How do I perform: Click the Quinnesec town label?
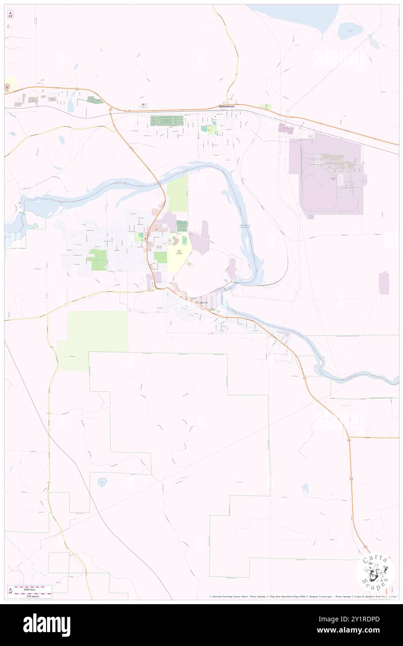point(227,106)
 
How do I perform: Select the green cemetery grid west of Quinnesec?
point(168,120)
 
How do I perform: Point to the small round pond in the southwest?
point(102,482)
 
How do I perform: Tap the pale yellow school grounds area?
point(179,253)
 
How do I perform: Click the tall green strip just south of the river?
point(177,194)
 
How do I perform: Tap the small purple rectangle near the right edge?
point(383,283)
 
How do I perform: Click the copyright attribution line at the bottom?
point(302,597)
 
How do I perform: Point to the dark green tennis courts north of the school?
point(181,226)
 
